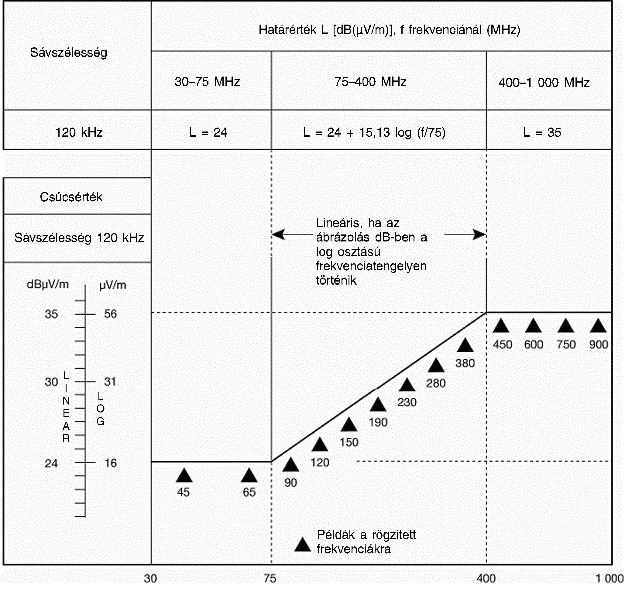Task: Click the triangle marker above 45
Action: pyautogui.click(x=184, y=476)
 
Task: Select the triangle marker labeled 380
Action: pyautogui.click(x=465, y=346)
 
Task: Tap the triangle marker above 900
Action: pyautogui.click(x=598, y=326)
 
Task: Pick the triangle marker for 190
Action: pyautogui.click(x=378, y=405)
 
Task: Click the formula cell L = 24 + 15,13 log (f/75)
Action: pyautogui.click(x=374, y=132)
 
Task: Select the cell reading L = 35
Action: pyautogui.click(x=542, y=132)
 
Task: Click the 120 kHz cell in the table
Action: pyautogui.click(x=79, y=132)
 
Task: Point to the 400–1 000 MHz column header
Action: pyautogui.click(x=544, y=83)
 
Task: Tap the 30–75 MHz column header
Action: pyautogui.click(x=207, y=82)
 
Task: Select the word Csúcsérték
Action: pyautogui.click(x=71, y=197)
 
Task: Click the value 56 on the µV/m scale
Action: pyautogui.click(x=110, y=314)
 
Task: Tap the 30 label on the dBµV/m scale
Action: pyautogui.click(x=51, y=382)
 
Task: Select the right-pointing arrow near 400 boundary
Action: pyautogui.click(x=479, y=234)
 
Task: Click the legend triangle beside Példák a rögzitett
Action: pyautogui.click(x=302, y=545)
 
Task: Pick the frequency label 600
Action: pyautogui.click(x=534, y=345)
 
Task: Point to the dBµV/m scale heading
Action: pyautogui.click(x=48, y=284)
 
